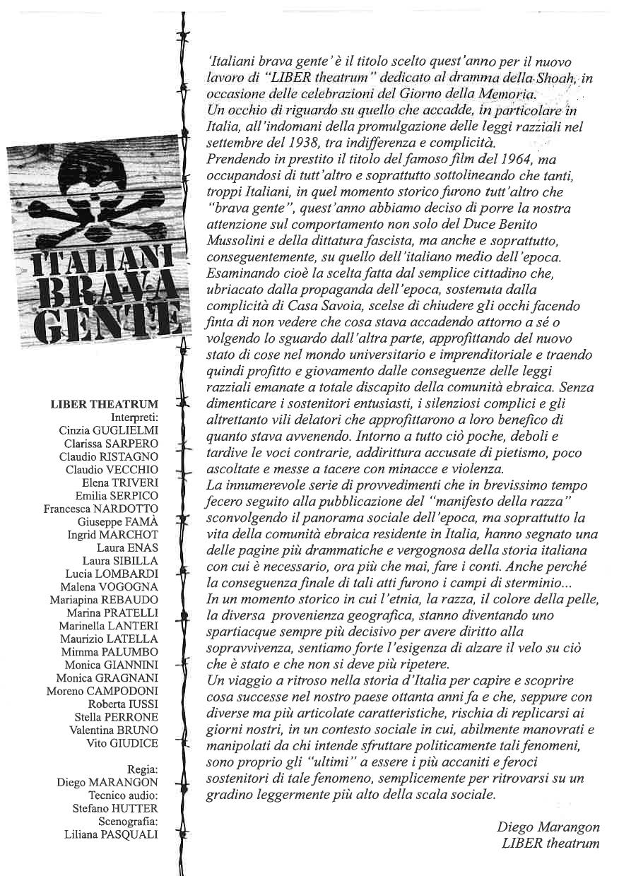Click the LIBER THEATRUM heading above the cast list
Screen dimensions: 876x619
(105, 405)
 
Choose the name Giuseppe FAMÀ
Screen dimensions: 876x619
(118, 522)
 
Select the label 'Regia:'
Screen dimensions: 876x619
(142, 769)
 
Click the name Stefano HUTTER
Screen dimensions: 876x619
(115, 808)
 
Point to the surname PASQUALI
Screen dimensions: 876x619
(131, 834)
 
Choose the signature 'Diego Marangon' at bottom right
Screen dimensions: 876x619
(548, 827)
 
